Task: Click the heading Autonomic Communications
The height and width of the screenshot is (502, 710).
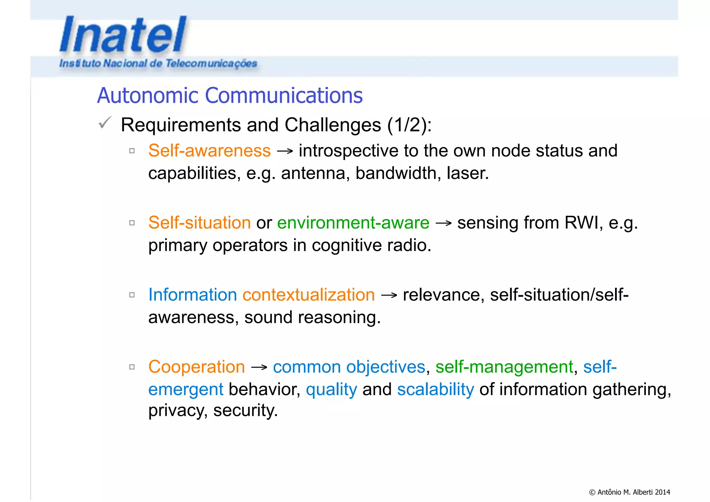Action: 230,96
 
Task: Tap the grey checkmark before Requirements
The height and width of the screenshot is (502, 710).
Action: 105,123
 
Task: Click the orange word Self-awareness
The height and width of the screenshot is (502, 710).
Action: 209,151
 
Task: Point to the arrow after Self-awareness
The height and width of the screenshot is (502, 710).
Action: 285,152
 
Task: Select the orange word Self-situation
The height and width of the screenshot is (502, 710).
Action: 199,223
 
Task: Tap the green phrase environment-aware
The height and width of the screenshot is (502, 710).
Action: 353,223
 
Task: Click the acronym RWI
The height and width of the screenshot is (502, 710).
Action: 581,223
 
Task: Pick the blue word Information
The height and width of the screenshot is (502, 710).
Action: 192,295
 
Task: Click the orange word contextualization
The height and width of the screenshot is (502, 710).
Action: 309,295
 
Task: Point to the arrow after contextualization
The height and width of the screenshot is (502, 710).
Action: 389,296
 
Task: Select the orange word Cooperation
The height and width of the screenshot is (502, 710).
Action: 197,367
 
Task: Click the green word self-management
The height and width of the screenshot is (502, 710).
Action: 504,367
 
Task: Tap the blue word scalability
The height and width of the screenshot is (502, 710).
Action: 435,390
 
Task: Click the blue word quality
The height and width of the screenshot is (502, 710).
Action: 331,390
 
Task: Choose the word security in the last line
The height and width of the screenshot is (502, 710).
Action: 245,411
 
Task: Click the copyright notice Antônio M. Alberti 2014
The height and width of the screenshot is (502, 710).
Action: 629,492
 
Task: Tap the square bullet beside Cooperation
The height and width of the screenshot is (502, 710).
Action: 132,367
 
